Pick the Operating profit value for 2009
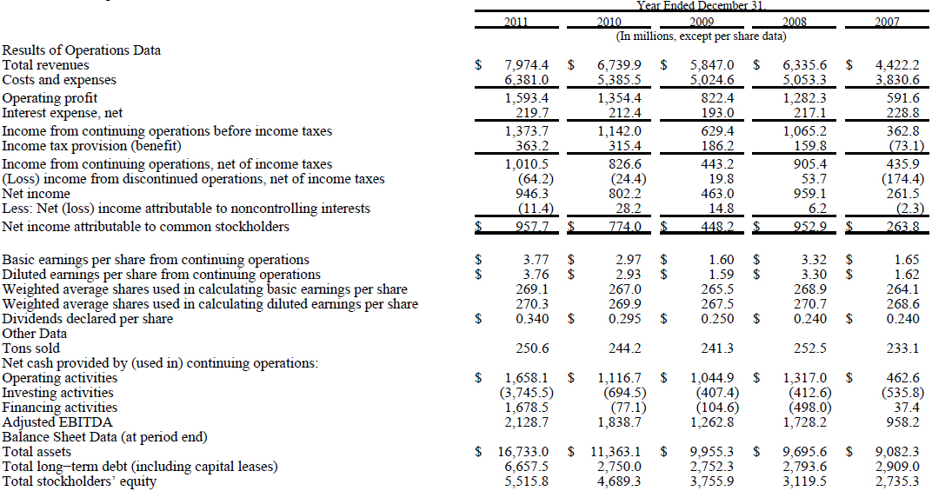(x=711, y=98)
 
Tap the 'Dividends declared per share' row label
(x=88, y=319)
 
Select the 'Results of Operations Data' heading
(x=82, y=50)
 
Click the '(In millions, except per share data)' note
(x=701, y=36)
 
